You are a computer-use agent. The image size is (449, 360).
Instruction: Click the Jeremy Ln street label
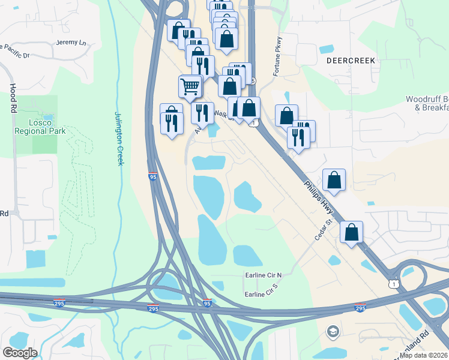coord(71,43)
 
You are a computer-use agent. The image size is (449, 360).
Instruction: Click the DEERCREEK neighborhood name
coord(351,61)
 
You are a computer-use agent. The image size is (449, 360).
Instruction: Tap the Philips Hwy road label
coord(318,196)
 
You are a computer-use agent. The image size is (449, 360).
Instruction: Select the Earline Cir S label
coord(263,293)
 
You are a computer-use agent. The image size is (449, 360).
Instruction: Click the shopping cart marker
coord(190,86)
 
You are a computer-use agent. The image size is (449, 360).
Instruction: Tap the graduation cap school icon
coord(332,331)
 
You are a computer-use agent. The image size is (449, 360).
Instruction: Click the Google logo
coord(19,353)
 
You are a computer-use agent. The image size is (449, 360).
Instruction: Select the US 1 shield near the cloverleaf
coord(393,281)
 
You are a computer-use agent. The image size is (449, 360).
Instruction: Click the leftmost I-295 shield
coord(59,303)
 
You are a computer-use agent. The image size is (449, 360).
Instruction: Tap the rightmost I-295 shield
coord(360,308)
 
